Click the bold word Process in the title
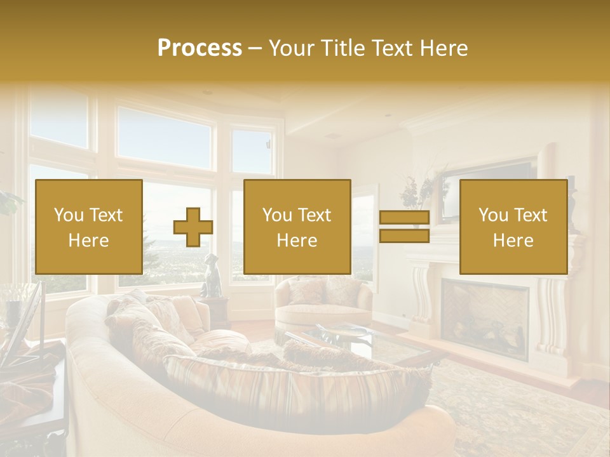point(200,48)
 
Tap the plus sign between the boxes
point(193,227)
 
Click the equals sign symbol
point(404,227)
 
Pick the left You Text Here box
point(89,227)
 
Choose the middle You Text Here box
point(297,227)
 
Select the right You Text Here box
point(513,227)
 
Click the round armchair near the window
point(324,301)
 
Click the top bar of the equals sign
point(404,218)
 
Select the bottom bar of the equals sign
point(404,236)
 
